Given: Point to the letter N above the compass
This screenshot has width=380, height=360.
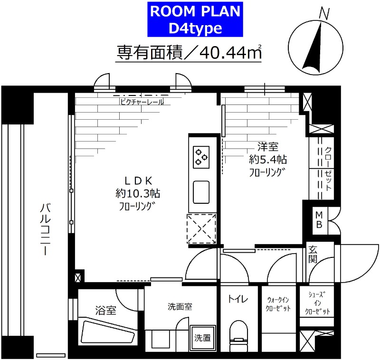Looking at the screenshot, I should pos(324,14).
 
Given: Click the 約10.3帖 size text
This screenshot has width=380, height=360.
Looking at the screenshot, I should pos(137,193).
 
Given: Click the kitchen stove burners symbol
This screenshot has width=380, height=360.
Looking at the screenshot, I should pos(201,156).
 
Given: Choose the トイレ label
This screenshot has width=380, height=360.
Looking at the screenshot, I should pos(237,299).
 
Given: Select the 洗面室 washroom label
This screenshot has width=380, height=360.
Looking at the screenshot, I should pos(180,307).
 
